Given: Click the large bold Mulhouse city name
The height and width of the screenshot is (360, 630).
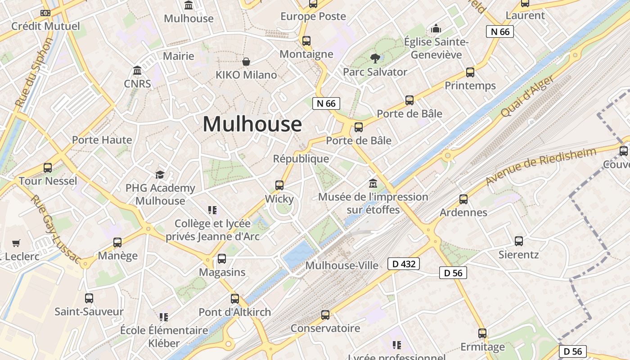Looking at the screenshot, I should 252,124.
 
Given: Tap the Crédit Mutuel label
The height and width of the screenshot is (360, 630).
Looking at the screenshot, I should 45,26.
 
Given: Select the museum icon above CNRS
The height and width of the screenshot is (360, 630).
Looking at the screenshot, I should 137,71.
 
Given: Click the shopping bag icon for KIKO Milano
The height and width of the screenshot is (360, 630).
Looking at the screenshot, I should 246,61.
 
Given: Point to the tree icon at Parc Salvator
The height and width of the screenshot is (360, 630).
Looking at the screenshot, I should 375,58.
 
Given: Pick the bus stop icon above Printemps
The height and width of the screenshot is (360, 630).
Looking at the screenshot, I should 470,72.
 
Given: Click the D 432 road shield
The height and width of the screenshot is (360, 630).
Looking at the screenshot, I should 404,264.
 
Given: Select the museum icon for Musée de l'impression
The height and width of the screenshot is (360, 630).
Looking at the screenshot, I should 373,184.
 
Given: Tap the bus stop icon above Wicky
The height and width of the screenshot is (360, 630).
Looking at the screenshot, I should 279,185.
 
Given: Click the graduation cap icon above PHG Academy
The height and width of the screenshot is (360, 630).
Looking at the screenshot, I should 160,175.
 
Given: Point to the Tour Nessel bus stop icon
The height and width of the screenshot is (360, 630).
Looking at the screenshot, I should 48,168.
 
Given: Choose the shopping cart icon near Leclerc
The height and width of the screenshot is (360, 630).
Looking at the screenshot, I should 16,243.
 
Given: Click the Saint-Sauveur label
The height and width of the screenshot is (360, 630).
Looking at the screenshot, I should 89,311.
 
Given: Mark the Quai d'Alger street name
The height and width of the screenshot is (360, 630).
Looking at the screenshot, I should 528,96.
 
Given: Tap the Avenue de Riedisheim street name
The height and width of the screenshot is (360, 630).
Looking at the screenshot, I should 541,166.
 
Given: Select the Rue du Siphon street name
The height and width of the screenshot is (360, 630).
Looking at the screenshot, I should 34,72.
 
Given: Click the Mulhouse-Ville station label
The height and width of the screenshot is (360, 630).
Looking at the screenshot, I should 342,265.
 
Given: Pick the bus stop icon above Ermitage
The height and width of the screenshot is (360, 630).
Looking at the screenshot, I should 482,333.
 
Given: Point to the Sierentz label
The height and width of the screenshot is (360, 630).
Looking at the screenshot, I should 518,254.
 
